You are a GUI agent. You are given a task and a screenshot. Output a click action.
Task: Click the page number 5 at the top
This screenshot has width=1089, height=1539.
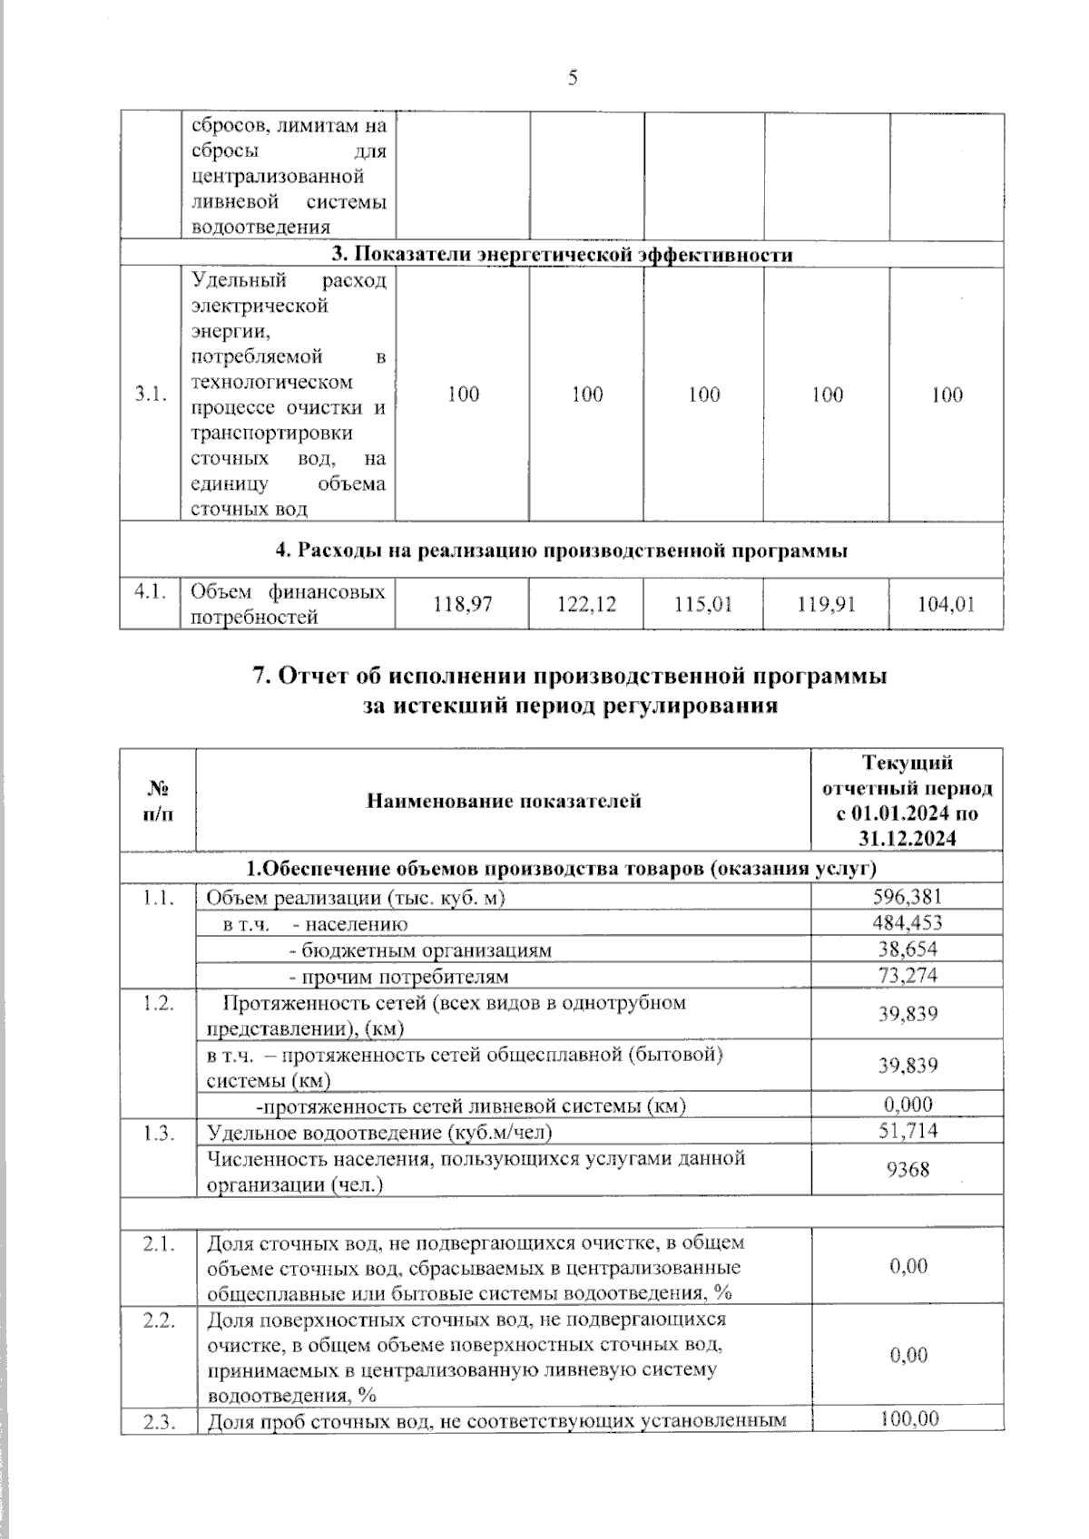click(x=573, y=78)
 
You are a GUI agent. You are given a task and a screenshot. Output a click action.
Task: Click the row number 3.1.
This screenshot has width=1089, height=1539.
click(x=151, y=394)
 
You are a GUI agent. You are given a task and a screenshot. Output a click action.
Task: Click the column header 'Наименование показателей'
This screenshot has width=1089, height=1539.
click(x=504, y=801)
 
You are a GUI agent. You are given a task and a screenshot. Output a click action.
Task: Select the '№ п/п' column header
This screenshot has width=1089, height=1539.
click(x=158, y=801)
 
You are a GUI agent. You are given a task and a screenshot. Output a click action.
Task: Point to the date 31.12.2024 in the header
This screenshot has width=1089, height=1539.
click(x=907, y=839)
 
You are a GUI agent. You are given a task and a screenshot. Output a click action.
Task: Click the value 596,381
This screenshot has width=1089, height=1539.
click(x=907, y=897)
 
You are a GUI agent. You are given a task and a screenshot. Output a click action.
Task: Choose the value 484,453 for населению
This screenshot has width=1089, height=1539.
click(x=907, y=923)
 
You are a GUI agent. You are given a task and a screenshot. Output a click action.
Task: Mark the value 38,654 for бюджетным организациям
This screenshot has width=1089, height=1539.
click(x=907, y=950)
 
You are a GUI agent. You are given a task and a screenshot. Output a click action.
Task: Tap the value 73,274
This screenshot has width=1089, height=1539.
click(x=907, y=976)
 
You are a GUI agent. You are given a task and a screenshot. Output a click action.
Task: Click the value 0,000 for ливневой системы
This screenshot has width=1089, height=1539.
click(x=907, y=1105)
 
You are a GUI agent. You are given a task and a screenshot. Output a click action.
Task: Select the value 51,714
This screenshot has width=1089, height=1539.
click(x=907, y=1131)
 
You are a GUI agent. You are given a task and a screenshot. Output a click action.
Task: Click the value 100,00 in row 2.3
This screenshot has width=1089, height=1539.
click(x=909, y=1419)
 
